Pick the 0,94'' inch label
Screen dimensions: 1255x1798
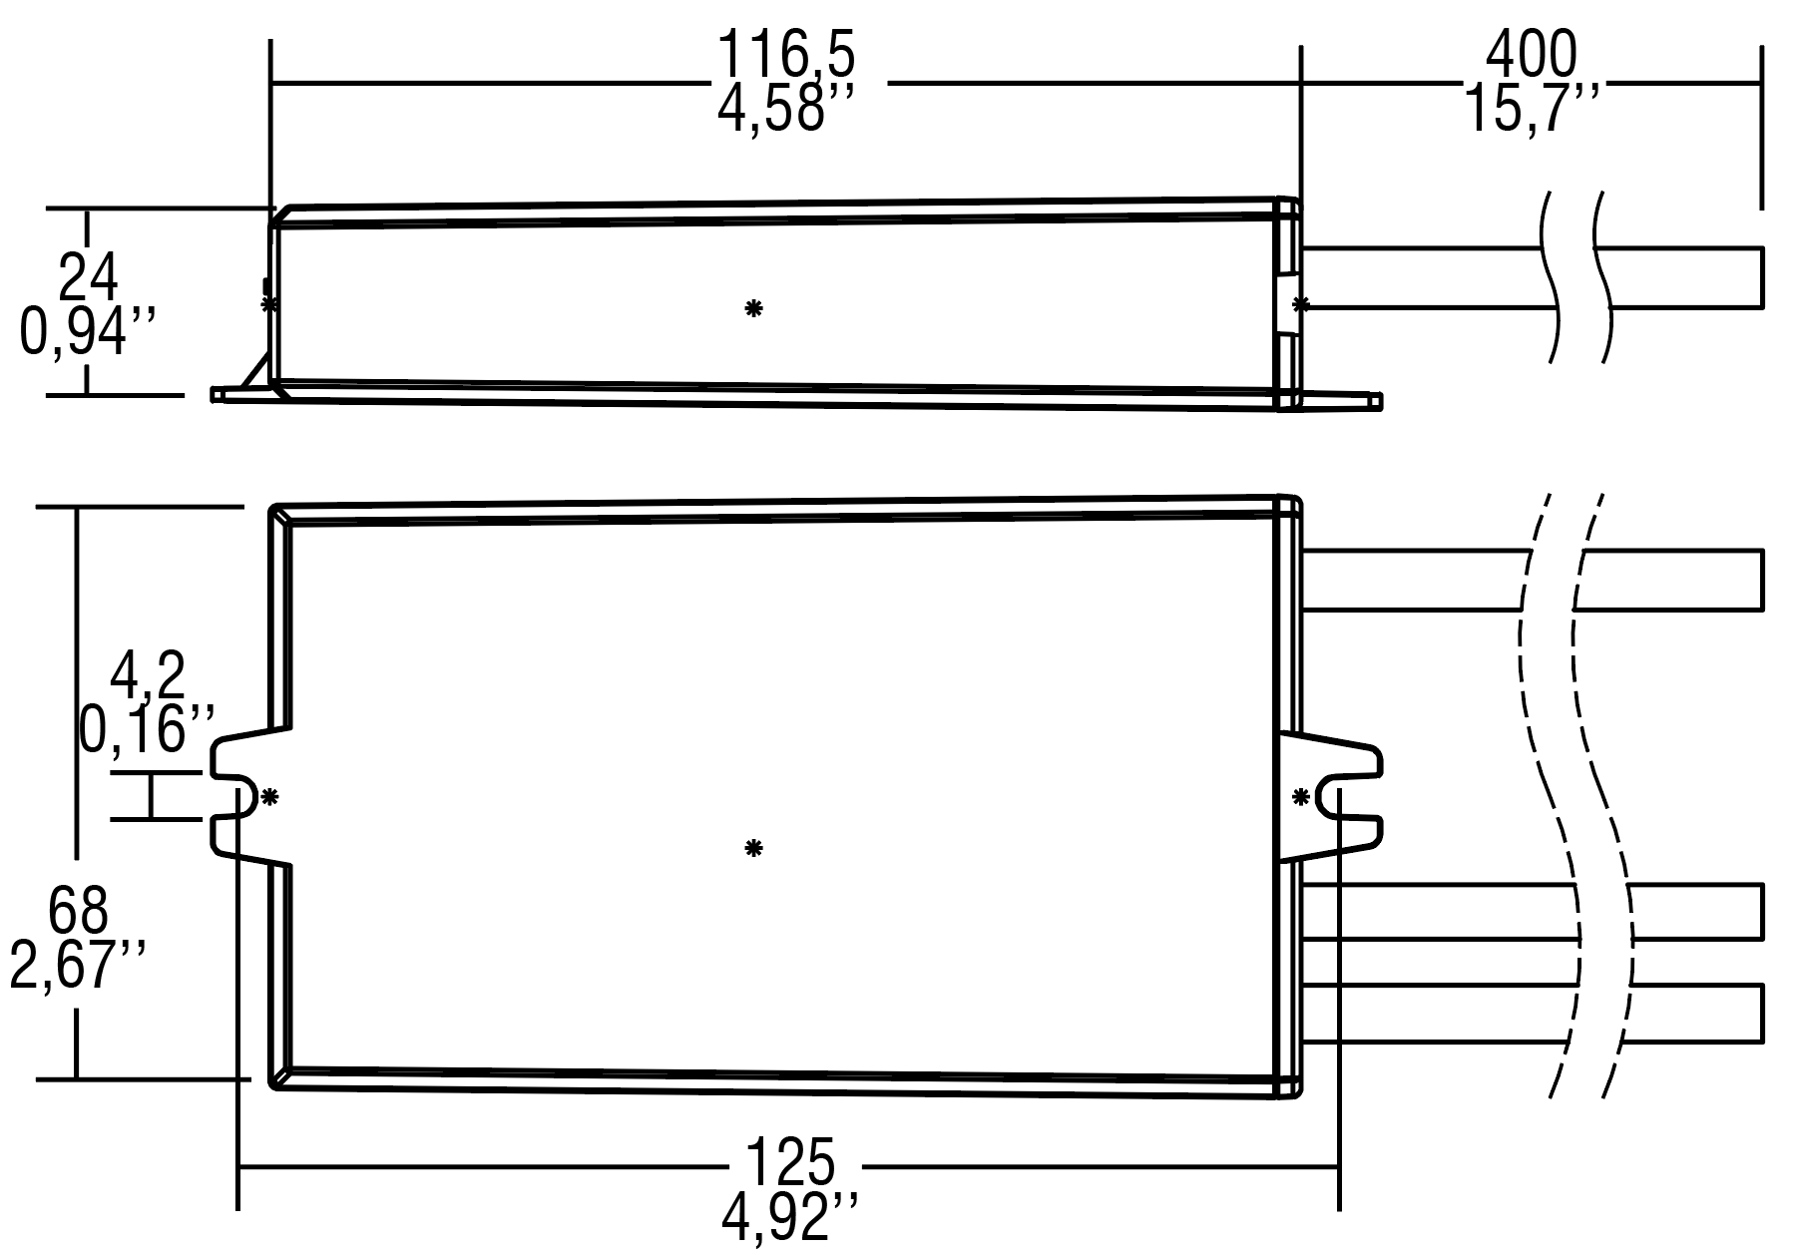pyautogui.click(x=88, y=331)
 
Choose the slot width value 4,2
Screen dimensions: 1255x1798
pyautogui.click(x=148, y=676)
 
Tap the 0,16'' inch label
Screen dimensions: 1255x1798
pyautogui.click(x=148, y=729)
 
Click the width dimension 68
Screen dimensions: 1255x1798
pyautogui.click(x=78, y=911)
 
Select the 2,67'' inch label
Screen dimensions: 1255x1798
pyautogui.click(x=78, y=965)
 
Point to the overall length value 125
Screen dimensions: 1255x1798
pyautogui.click(x=790, y=1163)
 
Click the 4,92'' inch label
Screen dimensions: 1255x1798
pyautogui.click(x=790, y=1217)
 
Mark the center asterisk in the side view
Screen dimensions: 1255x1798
pyautogui.click(x=753, y=308)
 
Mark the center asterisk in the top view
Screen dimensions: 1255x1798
pyautogui.click(x=753, y=849)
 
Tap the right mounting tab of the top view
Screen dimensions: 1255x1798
pyautogui.click(x=1337, y=797)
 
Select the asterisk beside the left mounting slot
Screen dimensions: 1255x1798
pyautogui.click(x=269, y=797)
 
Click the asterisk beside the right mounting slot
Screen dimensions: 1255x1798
pyautogui.click(x=1300, y=797)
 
